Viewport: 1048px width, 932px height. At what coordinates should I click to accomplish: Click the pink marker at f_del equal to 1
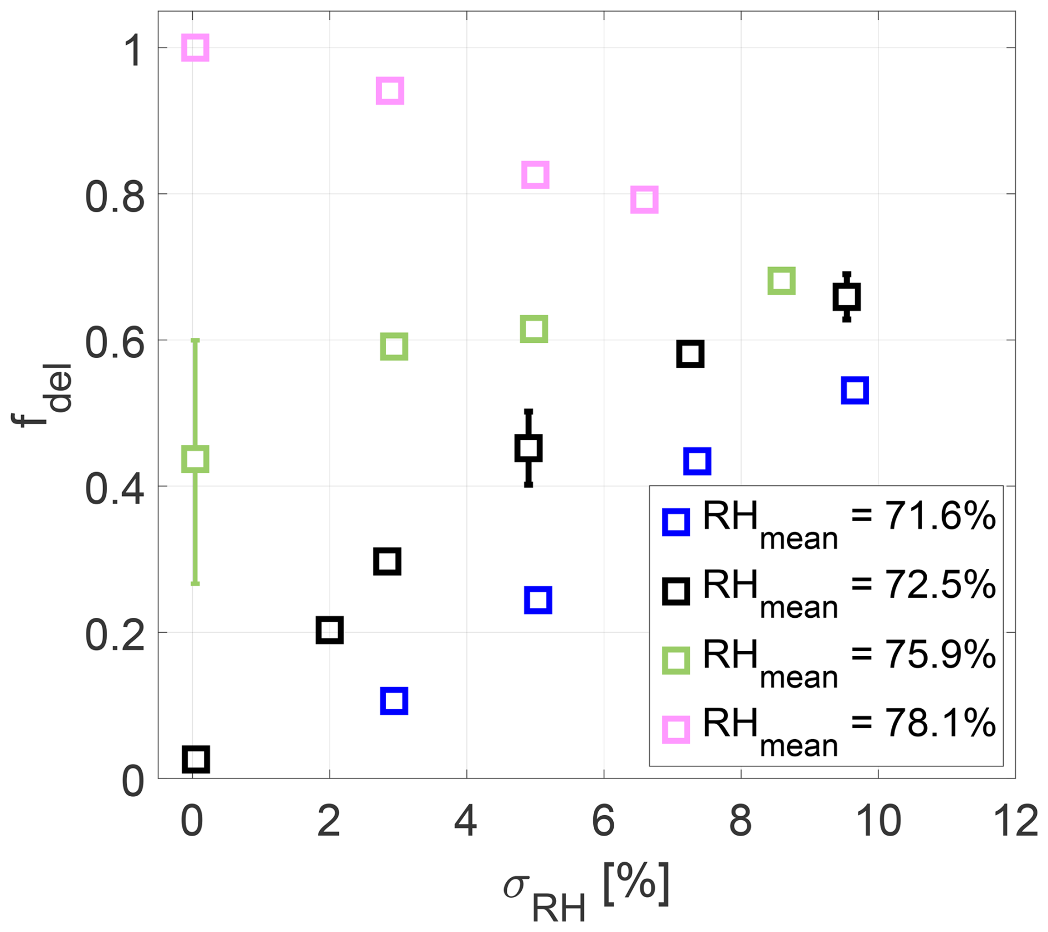(195, 48)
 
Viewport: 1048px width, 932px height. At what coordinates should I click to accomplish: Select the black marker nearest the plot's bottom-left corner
(196, 759)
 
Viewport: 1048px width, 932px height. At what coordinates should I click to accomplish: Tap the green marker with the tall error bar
(195, 459)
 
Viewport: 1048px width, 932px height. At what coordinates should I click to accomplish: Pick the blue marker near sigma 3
(394, 701)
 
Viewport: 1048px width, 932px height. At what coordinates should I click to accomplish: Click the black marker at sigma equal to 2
(330, 630)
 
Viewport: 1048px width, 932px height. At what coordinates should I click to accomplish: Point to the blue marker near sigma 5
(537, 600)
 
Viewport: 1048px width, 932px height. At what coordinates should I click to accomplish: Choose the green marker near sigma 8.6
(781, 280)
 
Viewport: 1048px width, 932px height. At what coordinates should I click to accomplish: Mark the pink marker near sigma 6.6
(644, 199)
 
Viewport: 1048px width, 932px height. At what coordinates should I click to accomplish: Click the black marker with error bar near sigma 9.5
(846, 298)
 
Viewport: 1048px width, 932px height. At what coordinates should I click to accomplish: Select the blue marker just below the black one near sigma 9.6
(855, 390)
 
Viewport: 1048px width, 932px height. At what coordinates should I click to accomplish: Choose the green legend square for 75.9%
(676, 660)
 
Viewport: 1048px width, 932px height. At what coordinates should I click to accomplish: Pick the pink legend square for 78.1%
(676, 729)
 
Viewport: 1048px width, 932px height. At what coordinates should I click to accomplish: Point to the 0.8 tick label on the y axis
(115, 196)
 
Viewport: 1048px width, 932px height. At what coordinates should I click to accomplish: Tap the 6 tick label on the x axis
(603, 821)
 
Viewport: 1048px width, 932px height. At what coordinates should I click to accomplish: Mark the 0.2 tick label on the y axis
(115, 634)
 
